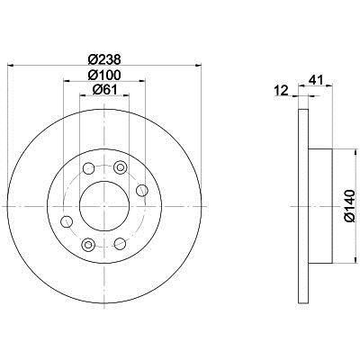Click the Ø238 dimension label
click(104, 59)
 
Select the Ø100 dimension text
click(104, 75)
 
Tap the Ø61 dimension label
click(104, 89)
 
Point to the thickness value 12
click(282, 90)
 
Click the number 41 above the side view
click(316, 80)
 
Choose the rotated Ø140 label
click(350, 206)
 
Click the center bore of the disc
click(104, 206)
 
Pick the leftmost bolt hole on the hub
click(67, 221)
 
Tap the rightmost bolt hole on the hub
click(142, 190)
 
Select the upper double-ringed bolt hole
click(120, 167)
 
